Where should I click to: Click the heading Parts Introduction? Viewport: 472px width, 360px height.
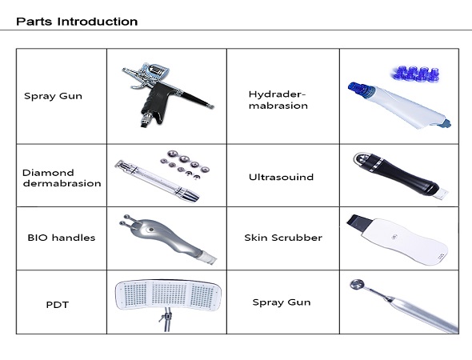coord(77,22)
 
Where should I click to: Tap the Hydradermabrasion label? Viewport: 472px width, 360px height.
coord(278,100)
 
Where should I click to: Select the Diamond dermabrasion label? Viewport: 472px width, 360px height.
coord(62,178)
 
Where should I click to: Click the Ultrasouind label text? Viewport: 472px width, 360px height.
coord(281,177)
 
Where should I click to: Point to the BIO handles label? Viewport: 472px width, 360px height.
coord(62,238)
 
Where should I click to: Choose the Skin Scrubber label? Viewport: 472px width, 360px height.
coord(283,238)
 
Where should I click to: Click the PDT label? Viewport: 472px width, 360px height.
coord(57,305)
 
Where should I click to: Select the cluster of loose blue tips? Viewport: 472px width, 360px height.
coord(416,74)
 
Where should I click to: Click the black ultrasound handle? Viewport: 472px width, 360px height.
coord(398,174)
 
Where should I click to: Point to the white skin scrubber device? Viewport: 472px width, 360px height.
coord(400,240)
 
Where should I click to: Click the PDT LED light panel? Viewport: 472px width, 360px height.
coord(168,294)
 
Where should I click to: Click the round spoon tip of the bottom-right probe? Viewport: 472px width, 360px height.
coord(357,284)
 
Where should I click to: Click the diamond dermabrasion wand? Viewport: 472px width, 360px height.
coord(157,181)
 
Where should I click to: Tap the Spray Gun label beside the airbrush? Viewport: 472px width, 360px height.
coord(53,96)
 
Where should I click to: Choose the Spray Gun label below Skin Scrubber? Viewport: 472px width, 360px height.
coord(282,302)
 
